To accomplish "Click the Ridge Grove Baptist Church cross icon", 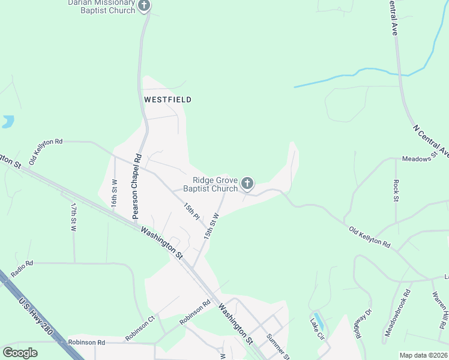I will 247,183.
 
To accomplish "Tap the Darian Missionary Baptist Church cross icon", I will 143,6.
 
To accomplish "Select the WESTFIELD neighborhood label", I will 167,100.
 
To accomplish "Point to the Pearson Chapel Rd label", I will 137,186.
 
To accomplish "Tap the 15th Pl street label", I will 191,210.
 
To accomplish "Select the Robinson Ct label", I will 140,329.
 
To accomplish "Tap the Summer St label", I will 277,347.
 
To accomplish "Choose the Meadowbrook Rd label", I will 397,312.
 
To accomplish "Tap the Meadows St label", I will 417,159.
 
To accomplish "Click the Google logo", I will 20,353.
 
